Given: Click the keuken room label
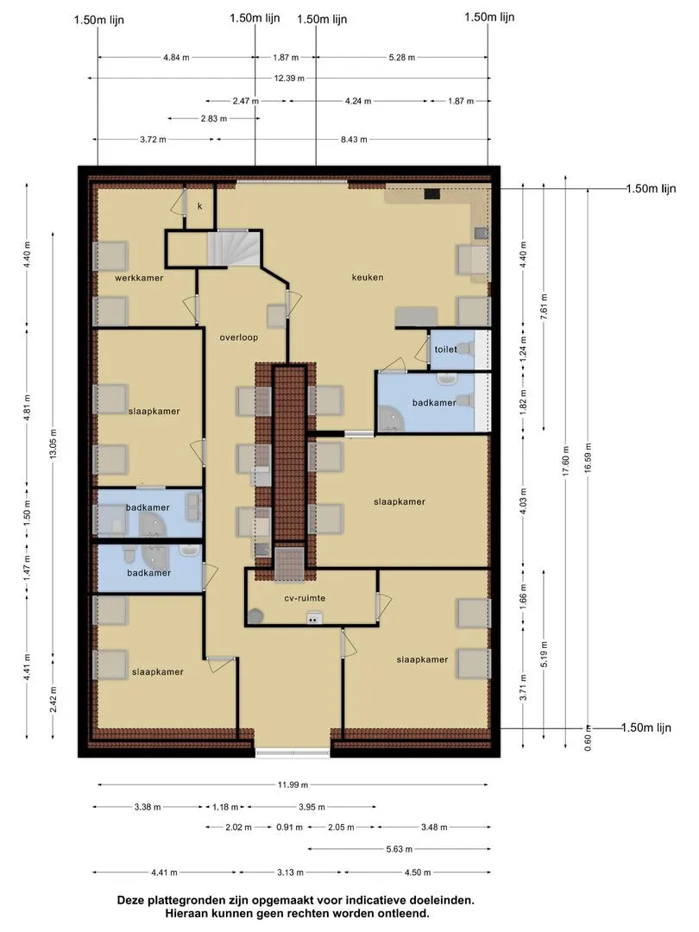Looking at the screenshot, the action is (x=368, y=277).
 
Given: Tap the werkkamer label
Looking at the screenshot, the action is (x=139, y=278).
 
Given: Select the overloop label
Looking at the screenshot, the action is (x=239, y=337).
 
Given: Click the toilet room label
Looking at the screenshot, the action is (x=446, y=349).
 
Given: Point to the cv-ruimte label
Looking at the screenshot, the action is (x=305, y=598).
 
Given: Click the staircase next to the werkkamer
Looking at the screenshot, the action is (x=234, y=249).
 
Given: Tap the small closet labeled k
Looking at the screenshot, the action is (x=200, y=206).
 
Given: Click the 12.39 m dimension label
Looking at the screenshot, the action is (x=289, y=78).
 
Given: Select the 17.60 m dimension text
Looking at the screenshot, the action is (x=566, y=461).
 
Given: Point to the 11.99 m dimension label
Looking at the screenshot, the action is (x=293, y=784).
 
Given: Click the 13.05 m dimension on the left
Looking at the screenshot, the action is (x=53, y=444).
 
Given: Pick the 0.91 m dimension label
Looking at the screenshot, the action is (x=289, y=827).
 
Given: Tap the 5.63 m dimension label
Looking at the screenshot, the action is (x=400, y=849).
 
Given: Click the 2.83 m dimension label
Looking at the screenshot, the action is (x=213, y=118).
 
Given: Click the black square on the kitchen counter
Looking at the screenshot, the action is (x=432, y=193).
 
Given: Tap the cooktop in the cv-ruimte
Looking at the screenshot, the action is (x=314, y=620).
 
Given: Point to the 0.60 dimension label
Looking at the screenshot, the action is (x=588, y=743).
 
